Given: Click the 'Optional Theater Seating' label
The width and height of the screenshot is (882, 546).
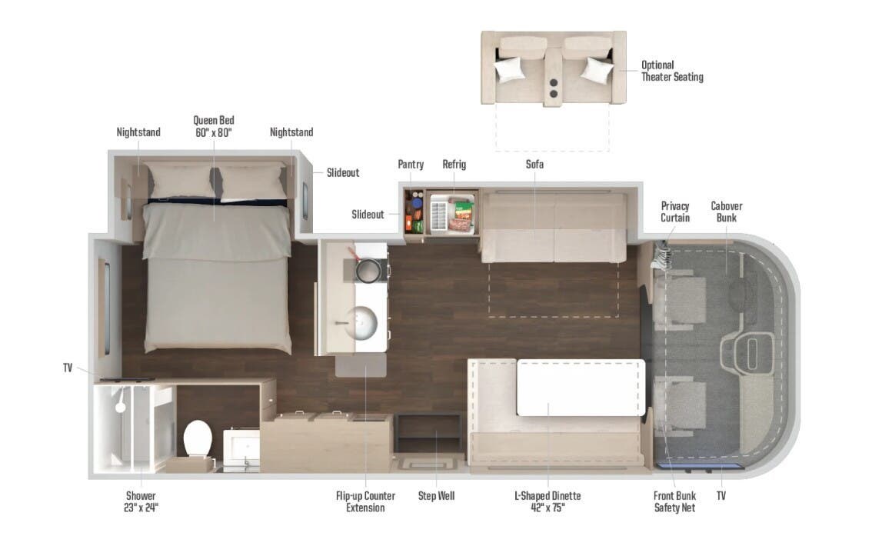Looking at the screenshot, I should pyautogui.click(x=672, y=71).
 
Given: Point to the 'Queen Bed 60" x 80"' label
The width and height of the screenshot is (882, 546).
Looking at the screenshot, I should pyautogui.click(x=214, y=126).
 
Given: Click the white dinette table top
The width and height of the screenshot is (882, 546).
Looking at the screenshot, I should pyautogui.click(x=580, y=387).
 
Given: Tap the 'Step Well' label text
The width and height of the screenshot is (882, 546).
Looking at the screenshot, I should pyautogui.click(x=436, y=496).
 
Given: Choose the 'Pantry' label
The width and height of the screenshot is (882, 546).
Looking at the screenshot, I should pyautogui.click(x=411, y=165).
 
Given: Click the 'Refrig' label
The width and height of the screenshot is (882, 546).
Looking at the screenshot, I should pyautogui.click(x=454, y=165).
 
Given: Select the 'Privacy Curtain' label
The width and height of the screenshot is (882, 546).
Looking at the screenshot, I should pyautogui.click(x=674, y=211).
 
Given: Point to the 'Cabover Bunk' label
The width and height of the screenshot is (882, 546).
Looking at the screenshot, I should pyautogui.click(x=726, y=211).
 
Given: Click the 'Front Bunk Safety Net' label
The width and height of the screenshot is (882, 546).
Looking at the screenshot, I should pyautogui.click(x=674, y=501).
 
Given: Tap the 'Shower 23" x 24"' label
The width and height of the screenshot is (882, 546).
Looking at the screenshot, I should pyautogui.click(x=141, y=501).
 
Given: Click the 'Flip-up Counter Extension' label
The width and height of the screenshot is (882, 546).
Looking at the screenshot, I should pyautogui.click(x=365, y=501).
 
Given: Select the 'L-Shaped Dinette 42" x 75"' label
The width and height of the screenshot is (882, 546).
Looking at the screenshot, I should pyautogui.click(x=548, y=501).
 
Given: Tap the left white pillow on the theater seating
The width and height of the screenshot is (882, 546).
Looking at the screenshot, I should pyautogui.click(x=509, y=69).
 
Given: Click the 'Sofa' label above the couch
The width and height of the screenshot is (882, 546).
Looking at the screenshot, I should pyautogui.click(x=534, y=165).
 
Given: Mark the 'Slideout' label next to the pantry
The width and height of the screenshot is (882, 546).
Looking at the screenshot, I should pyautogui.click(x=368, y=215).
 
